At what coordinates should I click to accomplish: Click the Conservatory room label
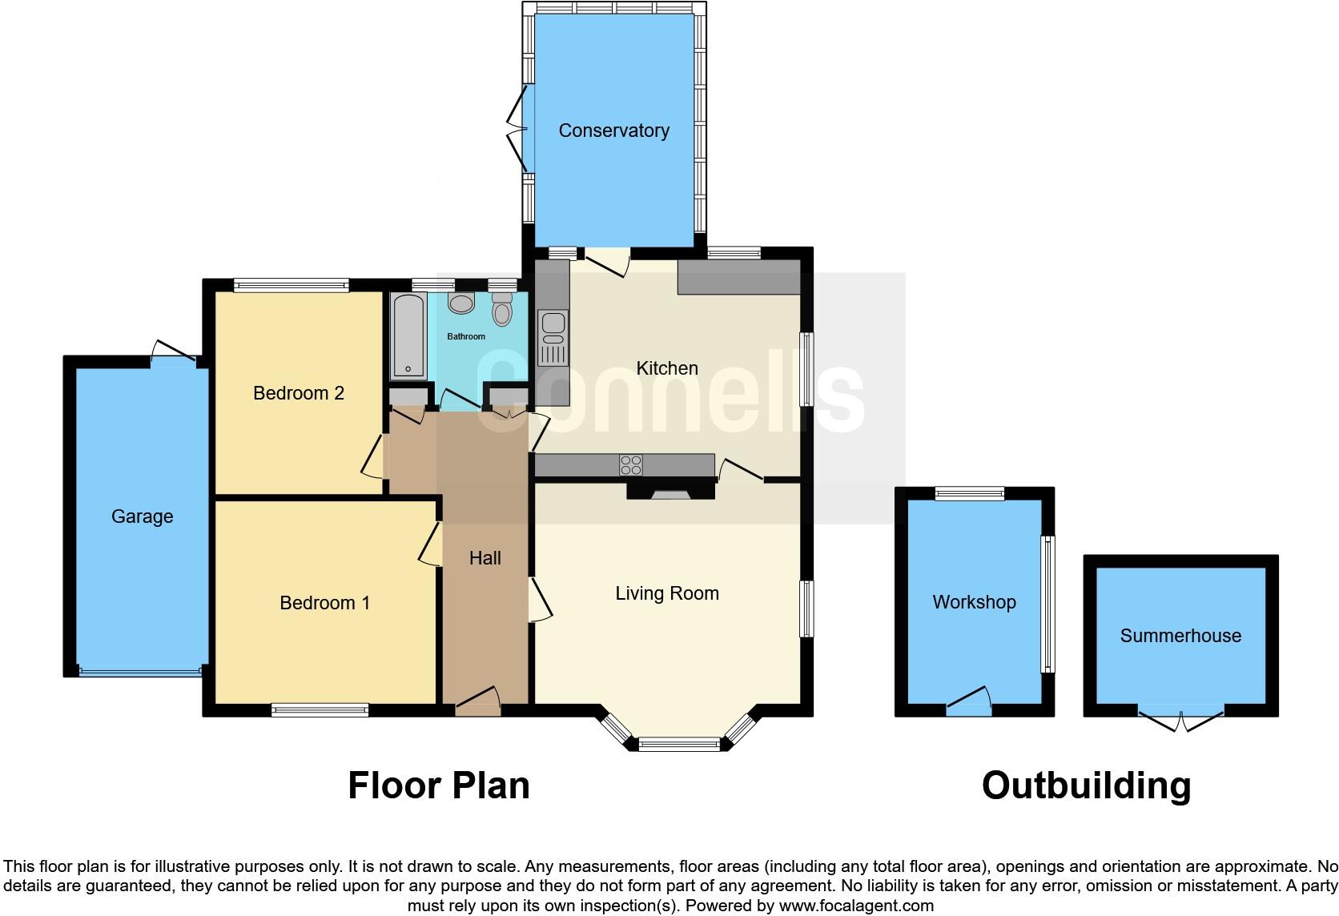(613, 131)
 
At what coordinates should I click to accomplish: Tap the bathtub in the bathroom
(408, 336)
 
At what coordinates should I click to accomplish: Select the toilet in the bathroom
(502, 308)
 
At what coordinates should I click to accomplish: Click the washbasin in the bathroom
(461, 303)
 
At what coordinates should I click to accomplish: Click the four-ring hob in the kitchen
(630, 465)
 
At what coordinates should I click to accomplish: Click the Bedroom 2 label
(298, 393)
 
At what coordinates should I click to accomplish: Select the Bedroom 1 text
(324, 603)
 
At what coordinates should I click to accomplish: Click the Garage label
(142, 516)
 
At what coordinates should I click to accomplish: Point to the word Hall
(485, 558)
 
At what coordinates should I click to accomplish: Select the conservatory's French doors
(518, 128)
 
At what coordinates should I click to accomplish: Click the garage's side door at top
(174, 353)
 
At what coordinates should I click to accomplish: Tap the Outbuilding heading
(1086, 785)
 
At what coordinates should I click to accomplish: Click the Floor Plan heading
(438, 785)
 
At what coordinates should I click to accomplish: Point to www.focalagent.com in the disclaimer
(856, 906)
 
